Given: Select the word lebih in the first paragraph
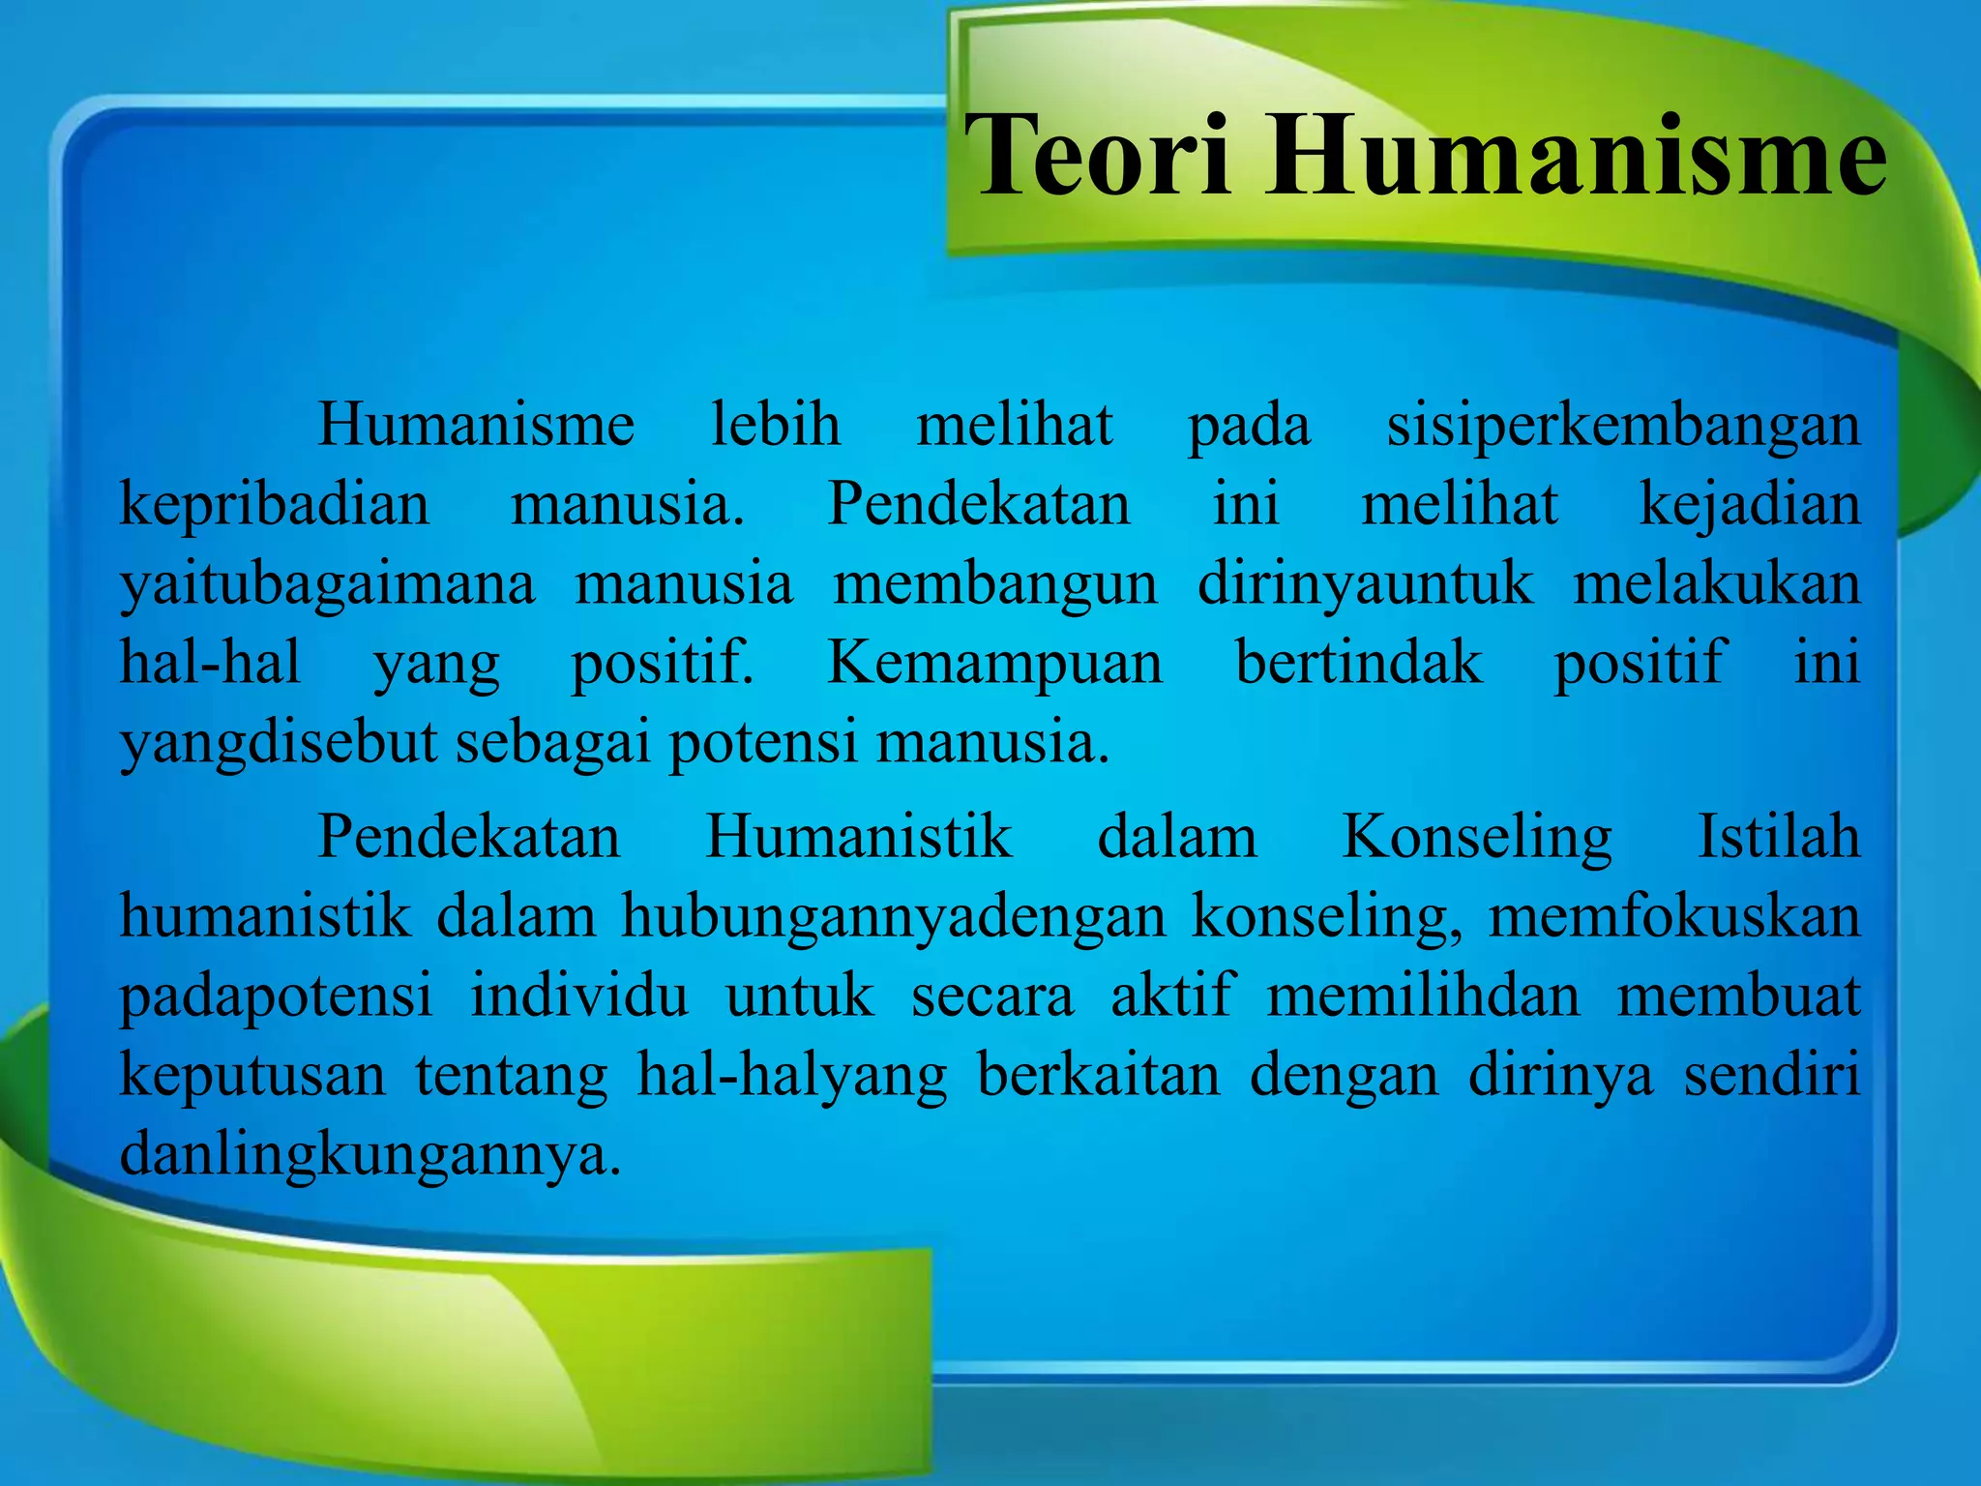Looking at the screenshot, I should coord(775,425).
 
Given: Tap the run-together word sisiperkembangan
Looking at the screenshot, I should coord(1623,427).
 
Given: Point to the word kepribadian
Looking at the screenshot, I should coord(274,506).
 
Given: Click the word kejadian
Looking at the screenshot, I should coord(1749,506).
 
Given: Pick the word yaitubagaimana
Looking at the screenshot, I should coord(327,585).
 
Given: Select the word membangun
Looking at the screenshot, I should coord(995,585).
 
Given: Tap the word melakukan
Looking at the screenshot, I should coord(1716,585).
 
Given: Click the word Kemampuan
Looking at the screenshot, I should coord(994,665).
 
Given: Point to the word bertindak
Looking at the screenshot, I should coord(1359,663).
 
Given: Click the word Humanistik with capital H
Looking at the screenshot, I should coord(858,837).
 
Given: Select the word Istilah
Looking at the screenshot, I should coord(1779,837).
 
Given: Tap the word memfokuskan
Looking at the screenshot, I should coord(1673,916).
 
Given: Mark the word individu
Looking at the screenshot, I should coord(579,996).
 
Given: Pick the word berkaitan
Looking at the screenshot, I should coord(1099,1075).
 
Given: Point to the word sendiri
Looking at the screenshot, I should coord(1772,1075).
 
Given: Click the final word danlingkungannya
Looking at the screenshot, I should coord(370,1154).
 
